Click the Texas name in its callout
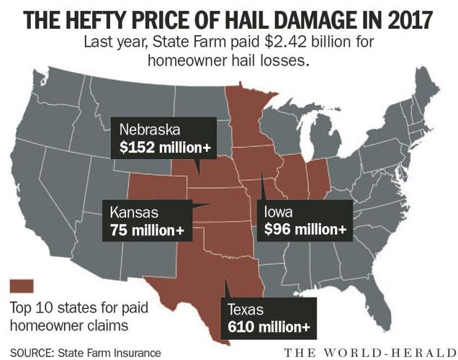(246, 310)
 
